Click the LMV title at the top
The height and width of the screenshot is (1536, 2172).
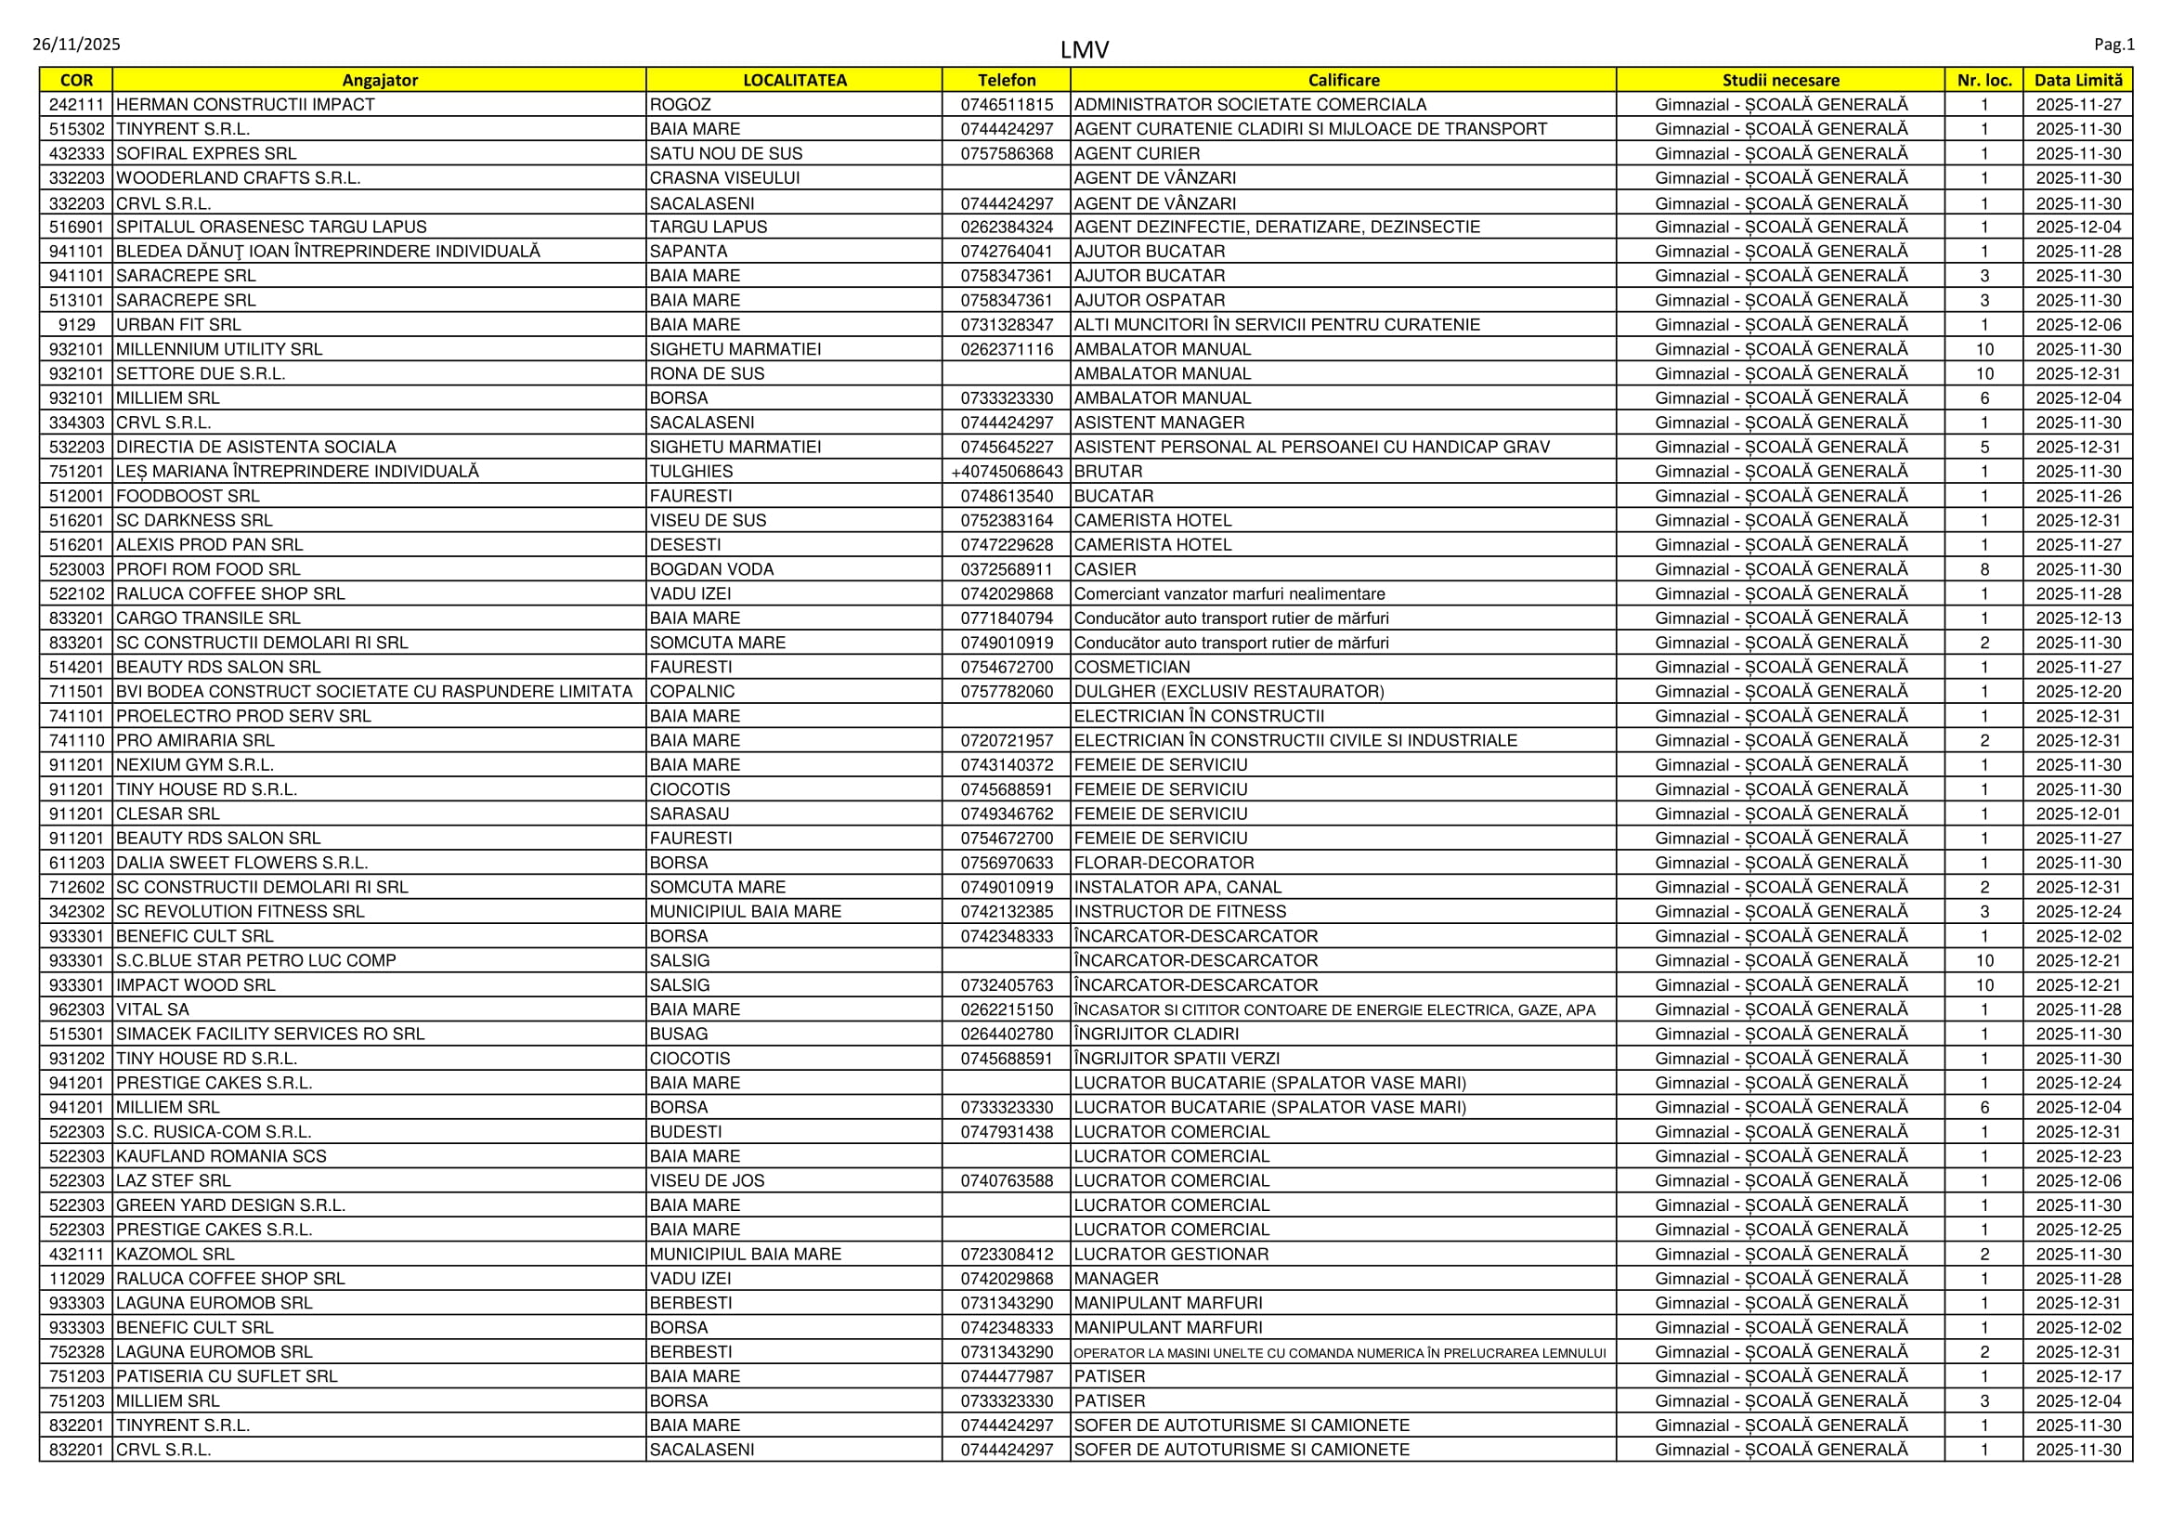point(1084,49)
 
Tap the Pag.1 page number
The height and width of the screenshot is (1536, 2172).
point(2114,45)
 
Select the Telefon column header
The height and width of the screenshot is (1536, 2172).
point(1007,81)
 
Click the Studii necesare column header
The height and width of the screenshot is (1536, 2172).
point(1780,81)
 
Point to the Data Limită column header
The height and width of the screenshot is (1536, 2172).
point(2078,81)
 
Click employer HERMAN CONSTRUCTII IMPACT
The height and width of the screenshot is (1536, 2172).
point(245,105)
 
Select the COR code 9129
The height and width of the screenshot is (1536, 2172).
point(77,324)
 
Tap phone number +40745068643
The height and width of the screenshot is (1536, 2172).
point(1007,471)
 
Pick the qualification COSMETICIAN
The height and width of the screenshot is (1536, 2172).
point(1132,667)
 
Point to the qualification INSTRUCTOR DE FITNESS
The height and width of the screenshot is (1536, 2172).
point(1179,912)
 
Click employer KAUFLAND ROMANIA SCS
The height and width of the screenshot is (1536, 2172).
point(221,1156)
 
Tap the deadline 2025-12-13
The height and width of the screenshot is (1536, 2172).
point(2078,618)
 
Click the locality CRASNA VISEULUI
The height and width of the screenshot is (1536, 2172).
point(724,177)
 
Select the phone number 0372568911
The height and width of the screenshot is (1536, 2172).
point(1007,569)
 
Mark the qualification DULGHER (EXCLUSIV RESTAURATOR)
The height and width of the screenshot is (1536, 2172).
point(1229,692)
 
